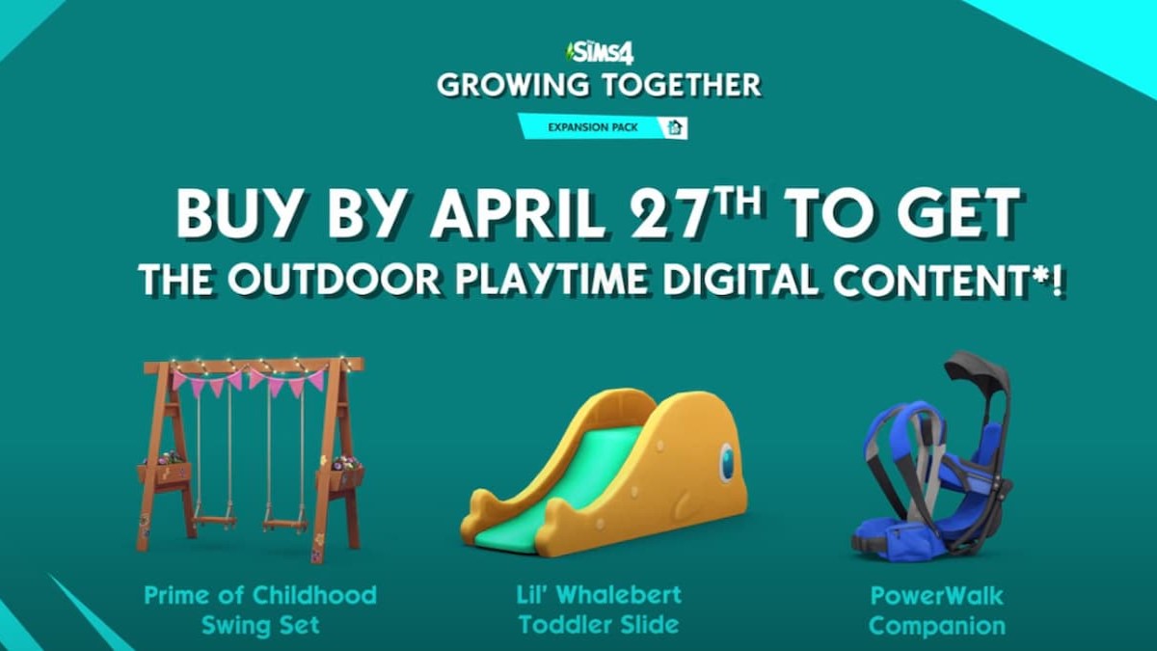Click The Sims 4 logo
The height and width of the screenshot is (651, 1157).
point(599,50)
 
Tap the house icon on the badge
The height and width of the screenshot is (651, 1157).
point(675,127)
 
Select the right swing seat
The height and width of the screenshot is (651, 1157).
point(284,525)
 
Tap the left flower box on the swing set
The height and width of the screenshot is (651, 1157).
point(164,472)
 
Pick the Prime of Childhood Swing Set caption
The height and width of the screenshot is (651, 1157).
point(260,609)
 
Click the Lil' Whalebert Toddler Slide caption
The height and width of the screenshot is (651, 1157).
point(599,609)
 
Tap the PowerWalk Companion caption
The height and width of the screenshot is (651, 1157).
point(936,609)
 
